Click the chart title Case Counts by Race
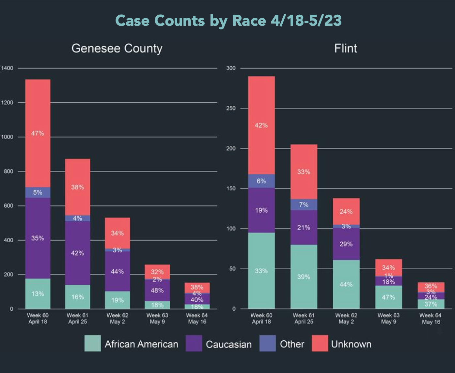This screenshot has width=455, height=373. click(228, 21)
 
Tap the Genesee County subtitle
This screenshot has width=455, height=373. click(117, 48)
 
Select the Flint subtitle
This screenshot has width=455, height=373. click(346, 48)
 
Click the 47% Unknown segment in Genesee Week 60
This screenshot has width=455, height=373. click(38, 133)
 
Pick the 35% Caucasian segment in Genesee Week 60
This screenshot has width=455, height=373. click(38, 238)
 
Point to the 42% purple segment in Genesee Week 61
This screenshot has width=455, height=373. click(78, 253)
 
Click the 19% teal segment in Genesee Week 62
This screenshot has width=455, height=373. click(118, 300)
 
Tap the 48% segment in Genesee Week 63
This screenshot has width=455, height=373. click(157, 290)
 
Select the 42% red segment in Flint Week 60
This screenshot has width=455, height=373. click(261, 125)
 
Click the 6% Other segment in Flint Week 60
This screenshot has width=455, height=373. click(261, 181)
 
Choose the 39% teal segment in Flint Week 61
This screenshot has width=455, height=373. click(304, 277)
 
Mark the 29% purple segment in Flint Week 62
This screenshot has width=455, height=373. click(346, 244)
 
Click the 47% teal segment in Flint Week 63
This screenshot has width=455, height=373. click(388, 297)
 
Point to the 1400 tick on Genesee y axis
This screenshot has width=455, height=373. click(7, 68)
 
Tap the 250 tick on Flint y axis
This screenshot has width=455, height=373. click(231, 108)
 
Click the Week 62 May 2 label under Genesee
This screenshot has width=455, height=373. click(118, 319)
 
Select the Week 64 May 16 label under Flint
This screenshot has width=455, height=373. click(431, 319)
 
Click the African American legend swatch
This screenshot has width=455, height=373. click(92, 343)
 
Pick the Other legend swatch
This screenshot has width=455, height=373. click(267, 343)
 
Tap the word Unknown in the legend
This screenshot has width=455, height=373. click(351, 344)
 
